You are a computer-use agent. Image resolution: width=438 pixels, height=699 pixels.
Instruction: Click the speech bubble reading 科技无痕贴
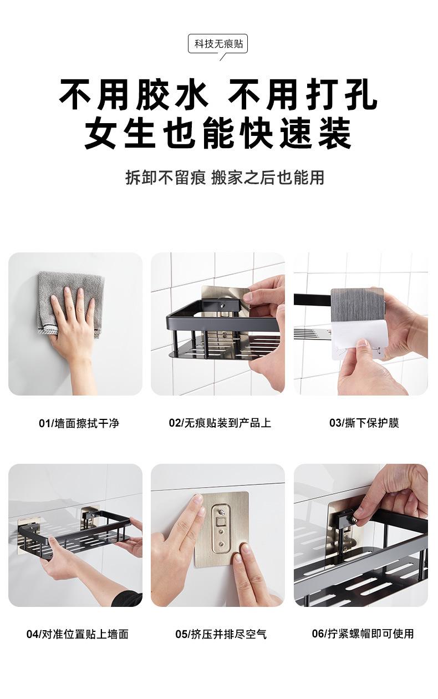[218, 44]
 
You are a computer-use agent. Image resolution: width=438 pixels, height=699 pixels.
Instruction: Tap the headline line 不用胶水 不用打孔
[218, 94]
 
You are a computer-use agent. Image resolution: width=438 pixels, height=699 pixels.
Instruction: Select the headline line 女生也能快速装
[218, 133]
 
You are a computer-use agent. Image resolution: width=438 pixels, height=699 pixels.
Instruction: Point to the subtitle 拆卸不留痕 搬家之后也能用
[225, 178]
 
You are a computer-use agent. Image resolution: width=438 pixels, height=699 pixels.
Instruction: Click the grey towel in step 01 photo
[70, 303]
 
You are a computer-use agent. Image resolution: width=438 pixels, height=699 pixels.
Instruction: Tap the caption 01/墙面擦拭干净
[79, 423]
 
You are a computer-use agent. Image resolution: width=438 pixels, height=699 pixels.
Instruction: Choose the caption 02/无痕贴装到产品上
[220, 423]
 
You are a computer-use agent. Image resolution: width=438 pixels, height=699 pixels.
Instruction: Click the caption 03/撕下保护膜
[364, 423]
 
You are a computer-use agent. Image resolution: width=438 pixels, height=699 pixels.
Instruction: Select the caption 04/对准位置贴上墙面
[78, 634]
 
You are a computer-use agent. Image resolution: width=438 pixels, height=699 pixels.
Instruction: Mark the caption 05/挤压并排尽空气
[221, 634]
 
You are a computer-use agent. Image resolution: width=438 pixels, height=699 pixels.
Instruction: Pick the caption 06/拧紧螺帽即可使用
[363, 634]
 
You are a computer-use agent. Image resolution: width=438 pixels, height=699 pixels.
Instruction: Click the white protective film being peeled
[355, 341]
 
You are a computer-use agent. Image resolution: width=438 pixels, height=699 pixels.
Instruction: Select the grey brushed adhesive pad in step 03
[357, 305]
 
